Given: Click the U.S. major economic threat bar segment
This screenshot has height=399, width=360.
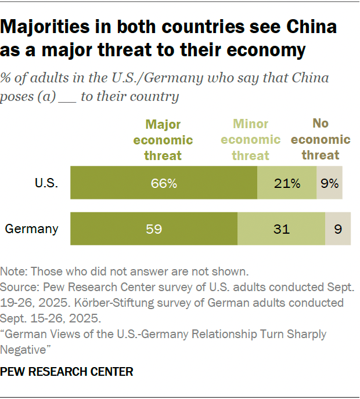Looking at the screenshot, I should click(116, 183).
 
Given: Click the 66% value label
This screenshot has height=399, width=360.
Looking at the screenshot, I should click(164, 183).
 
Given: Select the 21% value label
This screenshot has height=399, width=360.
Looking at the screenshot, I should click(287, 183).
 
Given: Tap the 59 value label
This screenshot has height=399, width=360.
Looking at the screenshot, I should click(154, 228).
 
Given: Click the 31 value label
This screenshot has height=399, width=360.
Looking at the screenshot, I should click(281, 228).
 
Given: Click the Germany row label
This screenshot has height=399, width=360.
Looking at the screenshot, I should click(32, 228).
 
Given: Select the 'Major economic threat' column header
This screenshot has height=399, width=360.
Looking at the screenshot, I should click(164, 140).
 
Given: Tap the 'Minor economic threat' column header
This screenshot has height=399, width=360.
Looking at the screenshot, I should click(250, 140).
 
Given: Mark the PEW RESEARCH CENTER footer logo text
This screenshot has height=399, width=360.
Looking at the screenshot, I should click(67, 371).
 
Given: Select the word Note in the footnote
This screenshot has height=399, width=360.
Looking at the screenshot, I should click(13, 271).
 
